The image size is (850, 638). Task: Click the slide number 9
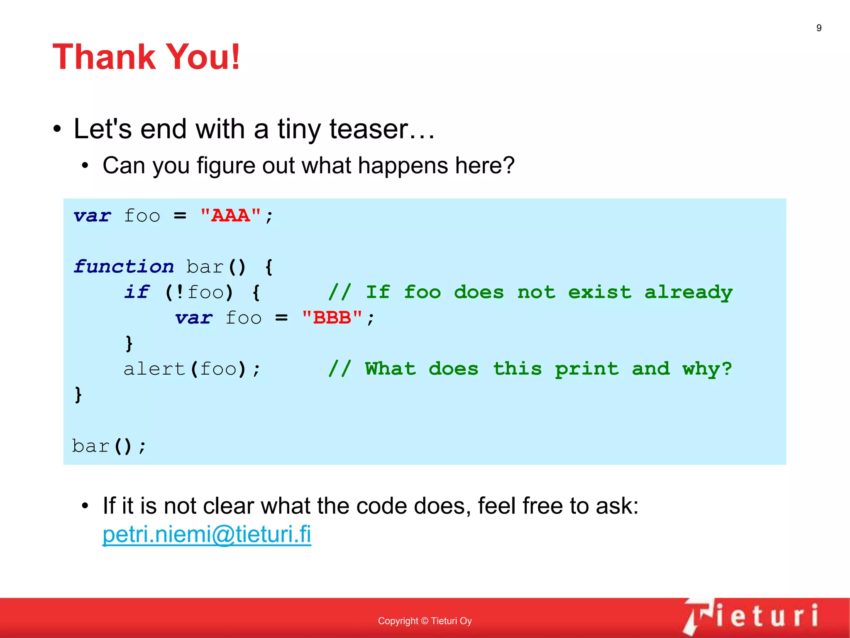818,28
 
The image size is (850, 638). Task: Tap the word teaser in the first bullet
369,129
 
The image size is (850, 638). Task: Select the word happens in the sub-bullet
403,165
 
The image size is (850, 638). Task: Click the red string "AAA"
231,216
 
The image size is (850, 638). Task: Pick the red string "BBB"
332,318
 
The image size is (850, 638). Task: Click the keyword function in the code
124,267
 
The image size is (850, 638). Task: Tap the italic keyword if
137,292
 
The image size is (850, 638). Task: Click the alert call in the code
154,369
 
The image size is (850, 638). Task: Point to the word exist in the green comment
599,292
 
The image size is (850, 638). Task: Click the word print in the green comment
586,369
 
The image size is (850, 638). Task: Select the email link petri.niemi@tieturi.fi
207,534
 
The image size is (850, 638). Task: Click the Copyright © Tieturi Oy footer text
425,621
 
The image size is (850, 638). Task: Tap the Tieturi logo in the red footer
751,616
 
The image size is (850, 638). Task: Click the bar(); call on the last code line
109,446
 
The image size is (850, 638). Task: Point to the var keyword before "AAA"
92,216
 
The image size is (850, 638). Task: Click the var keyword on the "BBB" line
194,318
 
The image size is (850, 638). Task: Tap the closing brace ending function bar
78,394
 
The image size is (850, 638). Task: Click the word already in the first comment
688,292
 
